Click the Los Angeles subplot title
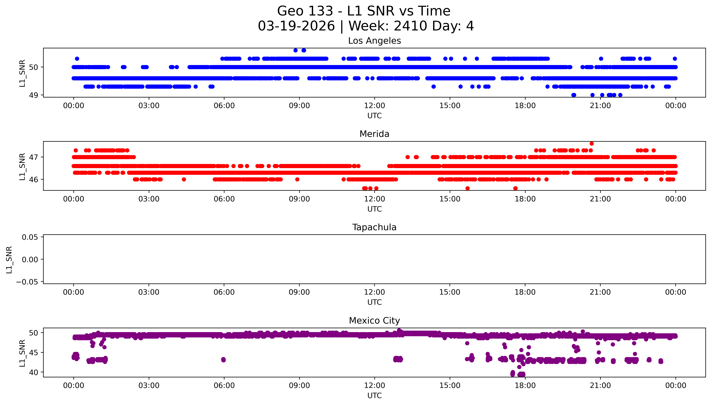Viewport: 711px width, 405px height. [374, 41]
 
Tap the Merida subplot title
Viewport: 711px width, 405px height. [374, 134]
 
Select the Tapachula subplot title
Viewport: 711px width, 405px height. [374, 227]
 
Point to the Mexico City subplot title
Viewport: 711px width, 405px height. [374, 321]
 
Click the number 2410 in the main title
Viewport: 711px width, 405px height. [410, 26]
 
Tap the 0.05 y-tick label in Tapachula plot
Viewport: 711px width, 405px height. [30, 237]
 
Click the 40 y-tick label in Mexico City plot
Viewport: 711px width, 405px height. [33, 372]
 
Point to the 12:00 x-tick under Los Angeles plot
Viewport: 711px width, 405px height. [374, 106]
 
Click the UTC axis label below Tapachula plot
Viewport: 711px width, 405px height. [374, 302]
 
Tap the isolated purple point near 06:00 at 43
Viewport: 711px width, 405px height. [223, 360]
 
